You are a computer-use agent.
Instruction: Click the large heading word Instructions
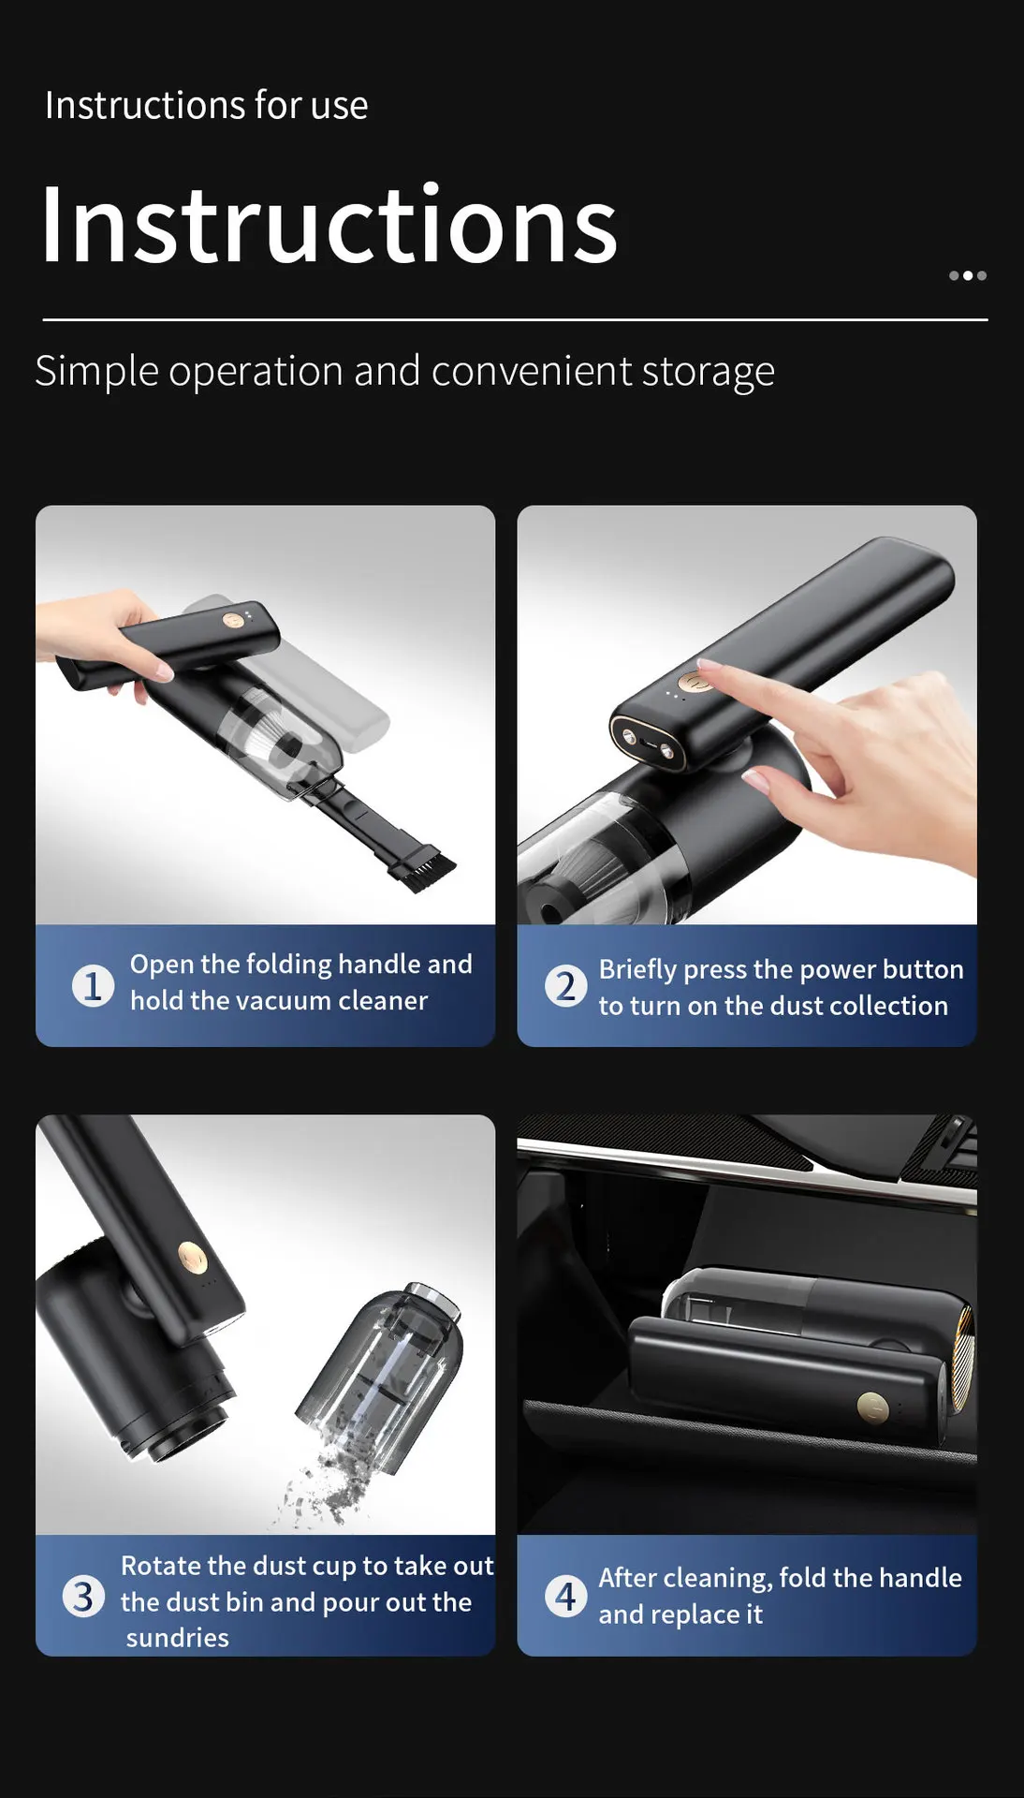(329, 225)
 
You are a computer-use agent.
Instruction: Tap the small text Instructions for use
(206, 105)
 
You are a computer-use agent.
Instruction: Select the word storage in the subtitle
(708, 372)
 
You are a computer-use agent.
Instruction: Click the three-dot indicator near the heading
(967, 275)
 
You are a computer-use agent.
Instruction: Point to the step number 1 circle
(93, 985)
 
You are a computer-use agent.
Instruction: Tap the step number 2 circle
(565, 986)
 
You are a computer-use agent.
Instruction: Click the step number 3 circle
(83, 1597)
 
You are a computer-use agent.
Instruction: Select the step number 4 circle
(565, 1596)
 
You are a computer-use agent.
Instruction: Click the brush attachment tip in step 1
(425, 867)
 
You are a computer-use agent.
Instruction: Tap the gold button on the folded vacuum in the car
(872, 1407)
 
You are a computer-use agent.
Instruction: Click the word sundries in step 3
(178, 1638)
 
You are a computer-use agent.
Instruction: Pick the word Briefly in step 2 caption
(638, 970)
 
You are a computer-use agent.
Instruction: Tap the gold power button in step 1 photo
(230, 620)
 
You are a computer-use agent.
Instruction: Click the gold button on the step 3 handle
(192, 1256)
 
